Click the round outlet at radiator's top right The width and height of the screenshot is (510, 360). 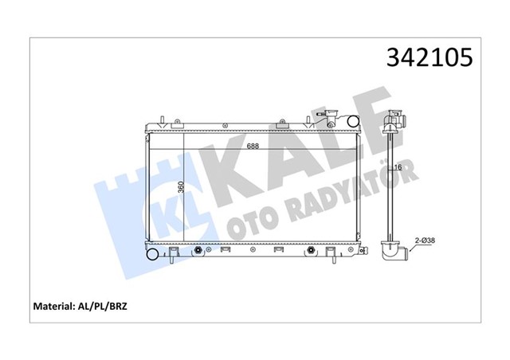click(x=351, y=121)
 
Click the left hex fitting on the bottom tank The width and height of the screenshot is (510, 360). click(x=197, y=252)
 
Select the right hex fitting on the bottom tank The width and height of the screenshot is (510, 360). click(x=308, y=252)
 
